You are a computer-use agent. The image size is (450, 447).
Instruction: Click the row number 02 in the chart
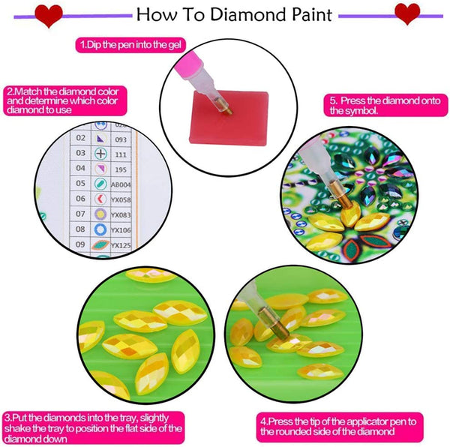(81, 138)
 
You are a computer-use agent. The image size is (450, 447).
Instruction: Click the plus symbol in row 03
(101, 153)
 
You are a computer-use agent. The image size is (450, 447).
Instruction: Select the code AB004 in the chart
(121, 184)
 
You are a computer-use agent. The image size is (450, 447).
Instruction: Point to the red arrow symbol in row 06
(101, 199)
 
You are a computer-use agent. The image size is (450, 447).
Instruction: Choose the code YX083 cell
(121, 214)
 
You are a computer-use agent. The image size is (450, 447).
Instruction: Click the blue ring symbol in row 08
(101, 229)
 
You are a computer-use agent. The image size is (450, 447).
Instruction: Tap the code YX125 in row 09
(121, 244)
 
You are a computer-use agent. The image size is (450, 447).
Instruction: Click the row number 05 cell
(81, 183)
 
